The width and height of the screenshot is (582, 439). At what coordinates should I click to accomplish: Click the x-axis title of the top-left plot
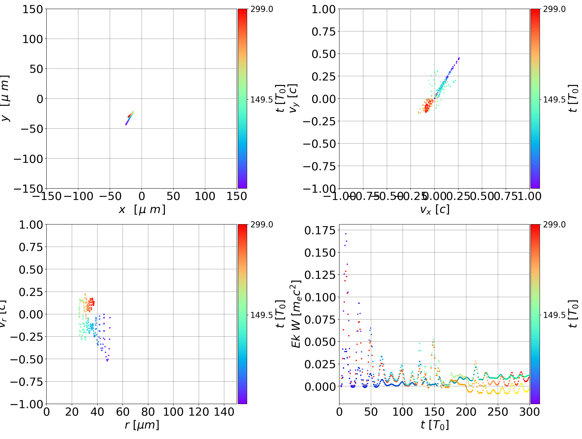coord(142,210)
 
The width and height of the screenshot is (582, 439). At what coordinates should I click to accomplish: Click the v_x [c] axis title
coord(434,210)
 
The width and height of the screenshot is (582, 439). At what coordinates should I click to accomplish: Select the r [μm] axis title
coord(142,425)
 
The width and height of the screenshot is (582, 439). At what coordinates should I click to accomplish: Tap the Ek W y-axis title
coord(296,314)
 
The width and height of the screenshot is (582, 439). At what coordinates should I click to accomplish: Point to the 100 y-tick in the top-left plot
coord(32,39)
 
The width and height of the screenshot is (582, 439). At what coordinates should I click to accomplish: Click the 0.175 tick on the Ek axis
coord(316,230)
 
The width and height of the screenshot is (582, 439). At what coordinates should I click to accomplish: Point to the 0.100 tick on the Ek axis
coord(316,297)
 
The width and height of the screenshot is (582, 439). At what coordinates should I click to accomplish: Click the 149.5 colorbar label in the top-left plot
coord(261,100)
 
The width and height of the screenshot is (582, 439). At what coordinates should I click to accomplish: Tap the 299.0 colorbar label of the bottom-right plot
coord(554,225)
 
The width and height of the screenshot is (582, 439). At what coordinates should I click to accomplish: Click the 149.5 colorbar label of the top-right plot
coord(554,100)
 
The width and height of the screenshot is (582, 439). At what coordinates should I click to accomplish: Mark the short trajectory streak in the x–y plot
coord(130,118)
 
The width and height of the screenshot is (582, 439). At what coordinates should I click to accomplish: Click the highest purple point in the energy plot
coord(346,234)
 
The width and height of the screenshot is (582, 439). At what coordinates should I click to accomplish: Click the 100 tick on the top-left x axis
coord(205,196)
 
